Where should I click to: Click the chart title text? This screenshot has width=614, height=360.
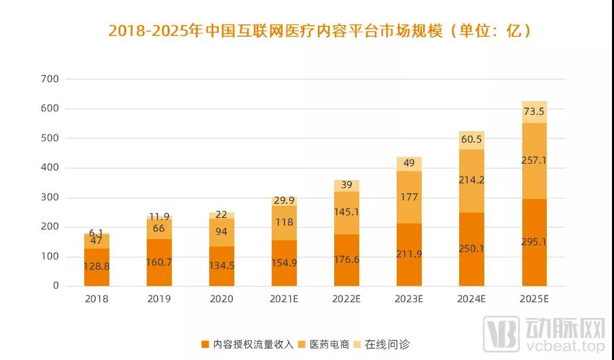click(x=319, y=31)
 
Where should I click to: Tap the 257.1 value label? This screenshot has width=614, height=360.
click(x=534, y=161)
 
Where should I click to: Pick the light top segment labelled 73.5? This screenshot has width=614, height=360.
click(x=534, y=112)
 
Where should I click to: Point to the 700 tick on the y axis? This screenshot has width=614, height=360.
click(x=50, y=79)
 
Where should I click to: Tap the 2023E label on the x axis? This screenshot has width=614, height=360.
click(x=410, y=298)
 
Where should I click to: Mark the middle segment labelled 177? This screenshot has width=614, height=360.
click(x=409, y=197)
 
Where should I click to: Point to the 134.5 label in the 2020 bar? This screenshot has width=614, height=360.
click(x=221, y=266)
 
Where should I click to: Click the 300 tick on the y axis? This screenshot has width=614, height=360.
click(x=50, y=197)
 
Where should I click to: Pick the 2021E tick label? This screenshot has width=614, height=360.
click(x=284, y=298)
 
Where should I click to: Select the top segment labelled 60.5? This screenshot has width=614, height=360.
click(x=471, y=140)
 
